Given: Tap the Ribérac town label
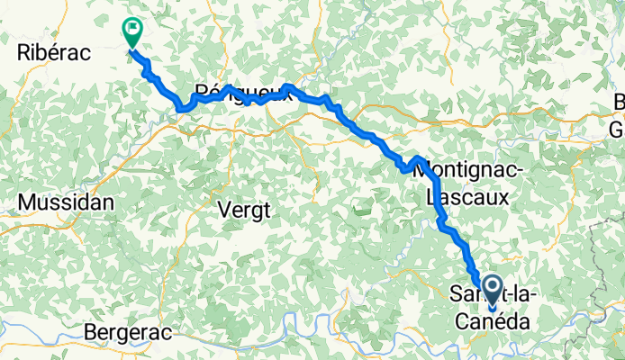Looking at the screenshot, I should (54, 53).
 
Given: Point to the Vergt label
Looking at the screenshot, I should (244, 210).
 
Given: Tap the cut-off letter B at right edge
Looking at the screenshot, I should (619, 104).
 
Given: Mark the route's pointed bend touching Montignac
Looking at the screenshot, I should (419, 159).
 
